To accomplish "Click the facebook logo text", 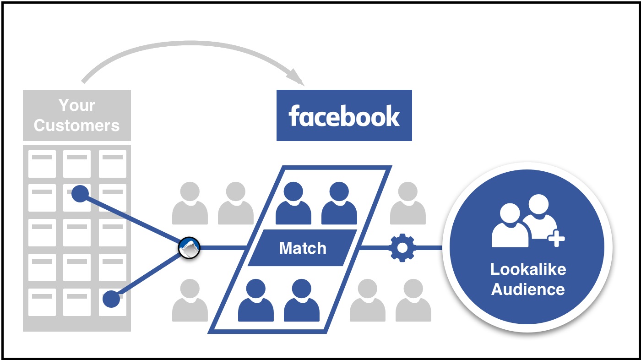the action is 344,115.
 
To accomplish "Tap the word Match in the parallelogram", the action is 303,248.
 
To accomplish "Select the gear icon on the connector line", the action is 402,248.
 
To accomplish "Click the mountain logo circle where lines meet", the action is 189,248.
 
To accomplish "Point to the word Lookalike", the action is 528,269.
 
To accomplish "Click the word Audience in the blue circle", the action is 528,289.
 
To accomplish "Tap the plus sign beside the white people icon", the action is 556,238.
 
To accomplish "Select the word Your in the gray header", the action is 77,105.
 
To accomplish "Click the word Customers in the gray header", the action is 77,125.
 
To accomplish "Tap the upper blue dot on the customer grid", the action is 80,194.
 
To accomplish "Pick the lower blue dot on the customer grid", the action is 111,299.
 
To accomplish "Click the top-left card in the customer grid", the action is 42,164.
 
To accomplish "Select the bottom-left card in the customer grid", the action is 42,302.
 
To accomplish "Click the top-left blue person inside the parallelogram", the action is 293,203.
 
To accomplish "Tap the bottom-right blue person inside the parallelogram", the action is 302,300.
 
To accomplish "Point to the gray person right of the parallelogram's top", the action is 408,203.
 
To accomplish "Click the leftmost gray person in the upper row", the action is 190,203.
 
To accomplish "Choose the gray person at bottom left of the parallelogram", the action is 190,300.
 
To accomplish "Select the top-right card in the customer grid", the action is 113,164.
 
